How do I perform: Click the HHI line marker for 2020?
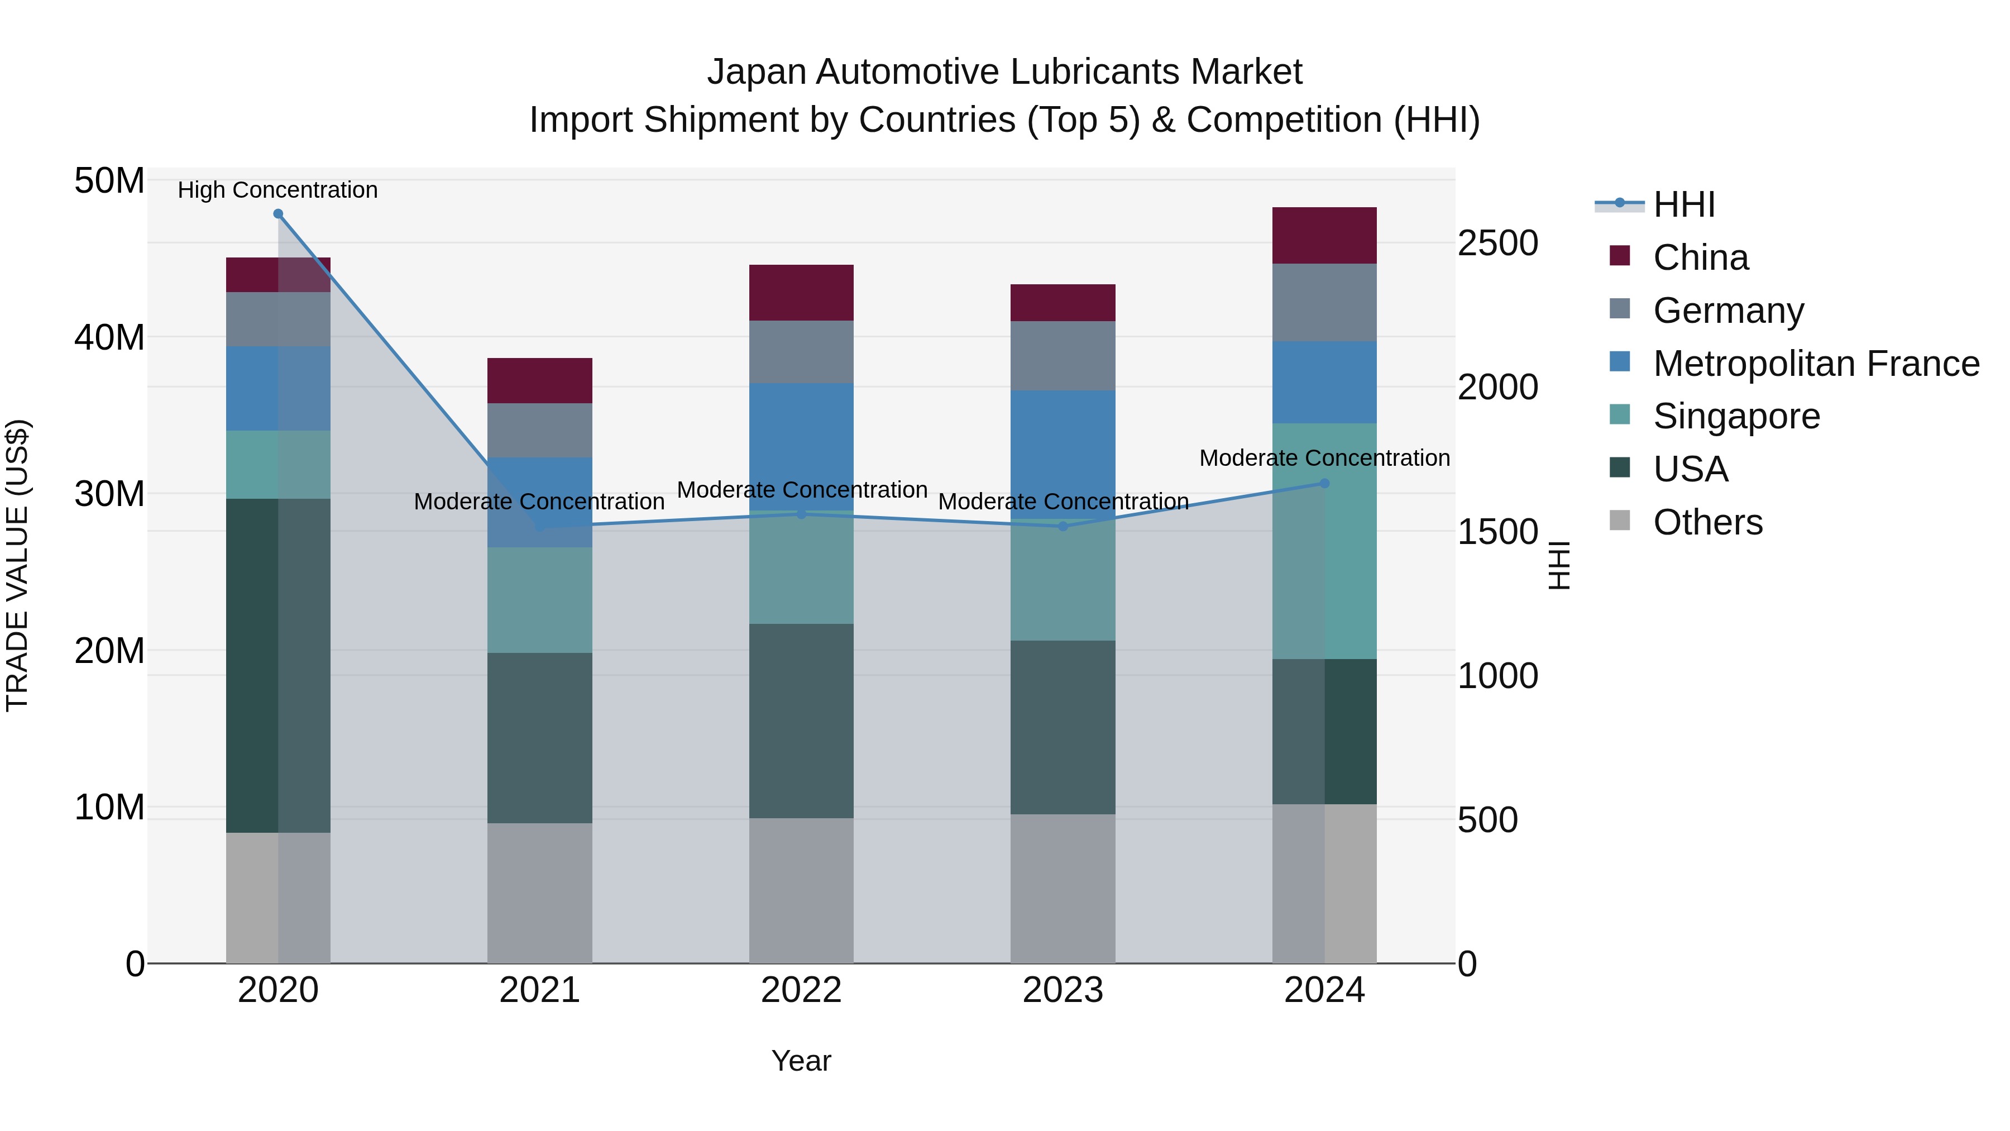pos(278,214)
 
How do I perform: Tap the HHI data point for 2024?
pos(1324,483)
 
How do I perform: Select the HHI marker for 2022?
pos(801,514)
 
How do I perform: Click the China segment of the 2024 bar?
pos(1324,235)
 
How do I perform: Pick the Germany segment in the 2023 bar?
pos(1063,356)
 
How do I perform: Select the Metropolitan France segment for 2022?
pos(801,446)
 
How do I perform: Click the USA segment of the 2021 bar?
pos(540,738)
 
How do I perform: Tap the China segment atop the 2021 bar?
pos(540,380)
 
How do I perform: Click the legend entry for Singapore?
pos(1735,416)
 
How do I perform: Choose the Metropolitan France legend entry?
pos(1815,364)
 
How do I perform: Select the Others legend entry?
pos(1707,522)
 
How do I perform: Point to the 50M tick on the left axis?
pos(109,181)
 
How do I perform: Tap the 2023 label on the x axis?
pos(1063,990)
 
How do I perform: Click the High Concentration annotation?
pos(278,190)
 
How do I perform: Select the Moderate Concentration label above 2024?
pos(1324,458)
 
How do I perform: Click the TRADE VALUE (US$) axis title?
pos(17,565)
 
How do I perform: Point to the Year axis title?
pos(801,1061)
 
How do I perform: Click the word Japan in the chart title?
pos(755,72)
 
